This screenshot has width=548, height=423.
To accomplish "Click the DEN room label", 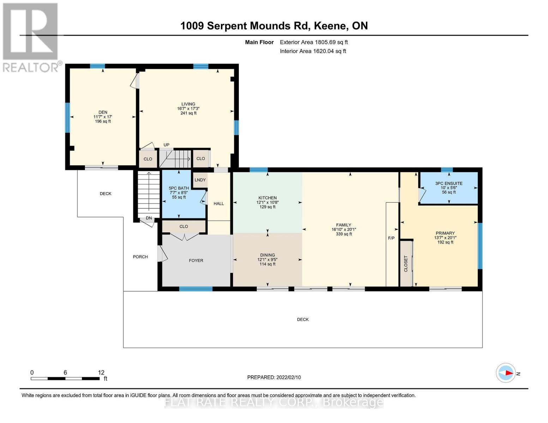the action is pos(103,112).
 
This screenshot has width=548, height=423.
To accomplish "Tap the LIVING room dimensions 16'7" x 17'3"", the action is pos(188,109).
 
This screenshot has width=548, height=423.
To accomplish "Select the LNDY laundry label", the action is pos(200,180).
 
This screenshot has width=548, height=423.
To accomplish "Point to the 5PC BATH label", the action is pos(179,188).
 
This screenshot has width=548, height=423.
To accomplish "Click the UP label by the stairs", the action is pos(167,145).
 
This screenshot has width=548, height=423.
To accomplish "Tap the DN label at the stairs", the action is pos(149,218).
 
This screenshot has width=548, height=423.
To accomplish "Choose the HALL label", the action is pos(219,203).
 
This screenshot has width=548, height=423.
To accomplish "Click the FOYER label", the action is pos(196,260).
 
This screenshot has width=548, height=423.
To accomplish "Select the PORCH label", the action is pos(140,257).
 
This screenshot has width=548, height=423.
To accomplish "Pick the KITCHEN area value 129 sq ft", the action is pos(267,207).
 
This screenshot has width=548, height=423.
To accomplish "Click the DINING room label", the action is pos(267,255).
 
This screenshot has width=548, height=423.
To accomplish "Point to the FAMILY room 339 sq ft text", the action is pos(344,234).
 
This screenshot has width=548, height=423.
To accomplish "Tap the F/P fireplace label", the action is pos(391,238).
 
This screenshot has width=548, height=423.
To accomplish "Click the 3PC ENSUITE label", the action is pos(448,183).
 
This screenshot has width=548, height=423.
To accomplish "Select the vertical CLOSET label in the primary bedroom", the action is pos(406,264).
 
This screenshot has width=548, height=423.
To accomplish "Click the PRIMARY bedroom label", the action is pos(445,233).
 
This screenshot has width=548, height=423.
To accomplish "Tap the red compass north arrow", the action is pos(509,373).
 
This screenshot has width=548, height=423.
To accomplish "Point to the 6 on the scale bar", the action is pos(65,372).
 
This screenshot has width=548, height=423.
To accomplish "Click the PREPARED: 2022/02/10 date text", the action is pos(274,378).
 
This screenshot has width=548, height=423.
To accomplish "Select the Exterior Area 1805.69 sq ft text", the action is pos(314,42).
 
